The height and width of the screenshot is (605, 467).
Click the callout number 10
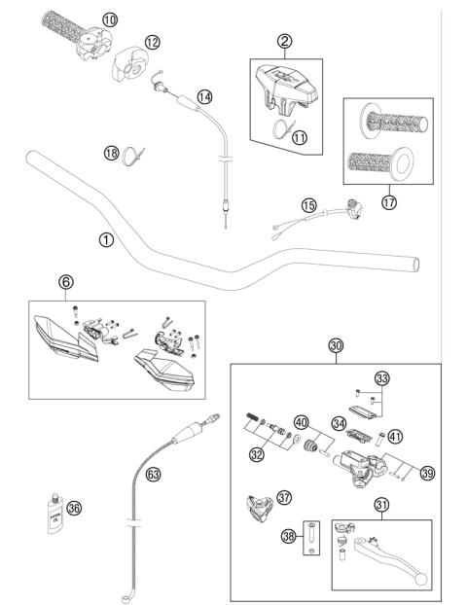pos(109,19)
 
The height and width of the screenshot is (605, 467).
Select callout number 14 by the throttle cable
pos(204,96)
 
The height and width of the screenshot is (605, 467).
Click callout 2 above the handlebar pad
pos(284,41)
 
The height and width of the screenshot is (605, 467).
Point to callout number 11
pos(300,137)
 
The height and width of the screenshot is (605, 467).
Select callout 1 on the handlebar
pos(105,238)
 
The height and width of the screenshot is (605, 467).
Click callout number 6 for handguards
pos(66,282)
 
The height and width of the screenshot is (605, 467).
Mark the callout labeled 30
pos(336,345)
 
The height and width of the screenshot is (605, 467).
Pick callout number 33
pos(381,378)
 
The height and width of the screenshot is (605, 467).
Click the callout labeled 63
pos(152,475)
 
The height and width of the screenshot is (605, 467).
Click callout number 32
pos(256,453)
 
